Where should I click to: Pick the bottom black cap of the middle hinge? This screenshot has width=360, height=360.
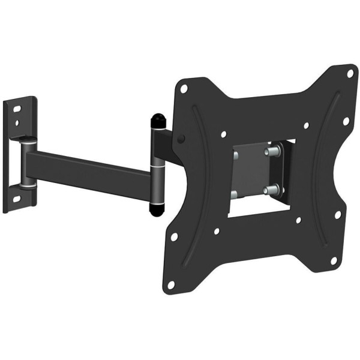pyautogui.click(x=155, y=209)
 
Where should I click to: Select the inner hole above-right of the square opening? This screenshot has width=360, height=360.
pyautogui.click(x=305, y=126)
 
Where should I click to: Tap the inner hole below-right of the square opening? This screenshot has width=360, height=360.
pyautogui.click(x=298, y=220)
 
